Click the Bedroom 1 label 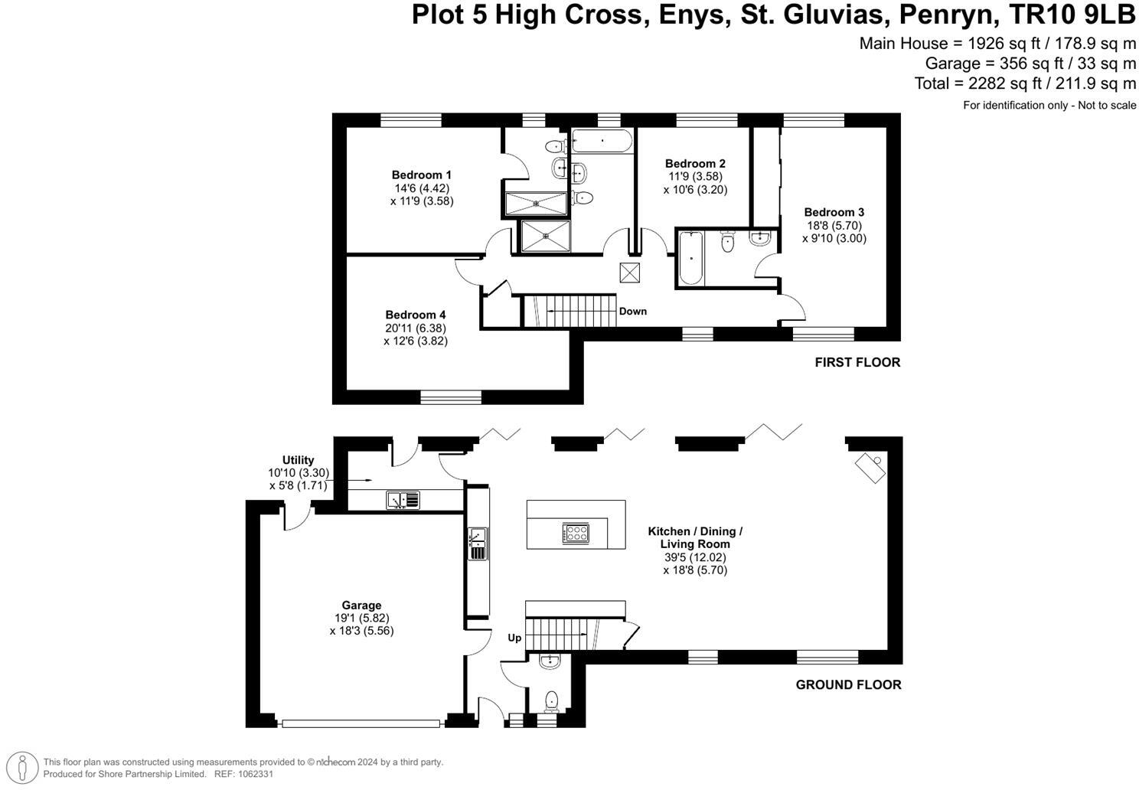pos(421,175)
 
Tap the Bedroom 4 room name pos(416,315)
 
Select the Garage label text pos(361,605)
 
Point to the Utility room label pos(298,459)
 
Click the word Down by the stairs pos(632,311)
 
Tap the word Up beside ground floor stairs pos(514,638)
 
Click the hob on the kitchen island pos(576,533)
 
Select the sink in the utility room pos(403,500)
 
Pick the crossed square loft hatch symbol pos(629,273)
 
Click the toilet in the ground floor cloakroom pos(550,701)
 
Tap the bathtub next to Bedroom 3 pos(690,258)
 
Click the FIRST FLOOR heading pos(857,362)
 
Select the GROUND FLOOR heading pos(848,685)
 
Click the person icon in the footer pos(22,767)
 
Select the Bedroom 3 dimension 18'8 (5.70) pos(834,225)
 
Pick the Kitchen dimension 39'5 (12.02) pos(695,557)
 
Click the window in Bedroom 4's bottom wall pos(451,397)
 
